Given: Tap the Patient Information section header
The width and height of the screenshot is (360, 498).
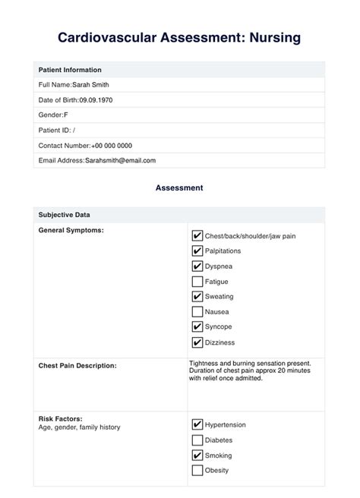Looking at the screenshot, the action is [71, 69].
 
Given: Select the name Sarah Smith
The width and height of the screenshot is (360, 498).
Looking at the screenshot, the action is [90, 84].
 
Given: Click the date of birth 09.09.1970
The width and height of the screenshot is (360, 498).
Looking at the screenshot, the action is [99, 99].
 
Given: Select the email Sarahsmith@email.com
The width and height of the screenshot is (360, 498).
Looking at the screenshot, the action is [120, 160].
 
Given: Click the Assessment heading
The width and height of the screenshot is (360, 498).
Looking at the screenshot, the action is [179, 187].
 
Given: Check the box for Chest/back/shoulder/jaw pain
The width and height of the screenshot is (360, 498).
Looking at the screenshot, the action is [197, 236].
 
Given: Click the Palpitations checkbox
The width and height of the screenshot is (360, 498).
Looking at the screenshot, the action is [197, 251].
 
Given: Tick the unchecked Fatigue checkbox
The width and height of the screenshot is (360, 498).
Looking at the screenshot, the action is [197, 282].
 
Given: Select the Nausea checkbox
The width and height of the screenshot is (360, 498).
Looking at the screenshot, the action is [197, 312].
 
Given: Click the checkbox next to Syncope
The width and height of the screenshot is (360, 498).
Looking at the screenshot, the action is [197, 327].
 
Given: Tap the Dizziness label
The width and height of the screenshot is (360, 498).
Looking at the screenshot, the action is [220, 342].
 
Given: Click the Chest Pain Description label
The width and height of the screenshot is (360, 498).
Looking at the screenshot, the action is [77, 366].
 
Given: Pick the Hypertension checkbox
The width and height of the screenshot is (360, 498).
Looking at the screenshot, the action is [197, 425].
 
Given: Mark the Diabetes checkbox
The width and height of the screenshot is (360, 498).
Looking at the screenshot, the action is [197, 440].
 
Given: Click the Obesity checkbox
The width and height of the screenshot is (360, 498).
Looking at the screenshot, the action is [197, 471].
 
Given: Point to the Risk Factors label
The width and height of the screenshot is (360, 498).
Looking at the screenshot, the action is [60, 418].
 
